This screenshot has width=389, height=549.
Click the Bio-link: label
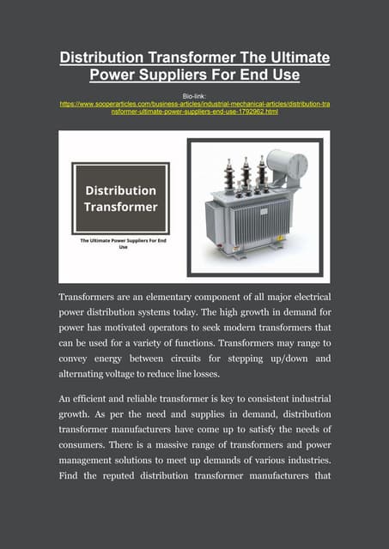click(194, 94)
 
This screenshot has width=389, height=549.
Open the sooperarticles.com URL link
click(194, 107)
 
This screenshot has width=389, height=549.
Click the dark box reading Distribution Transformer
click(119, 198)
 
